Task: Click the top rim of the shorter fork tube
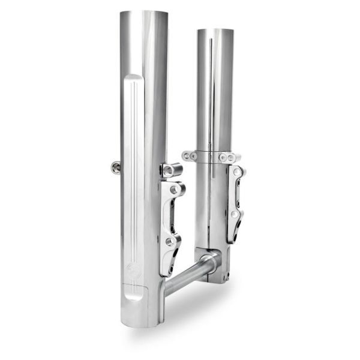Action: tap(214, 30)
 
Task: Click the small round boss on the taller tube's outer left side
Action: tap(116, 167)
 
